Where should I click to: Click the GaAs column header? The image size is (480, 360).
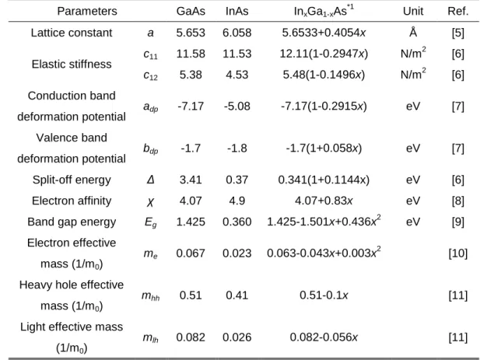[x=191, y=12]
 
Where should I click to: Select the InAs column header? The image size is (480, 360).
[x=237, y=12]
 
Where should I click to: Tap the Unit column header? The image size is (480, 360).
[x=413, y=12]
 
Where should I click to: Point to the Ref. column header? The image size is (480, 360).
[x=458, y=12]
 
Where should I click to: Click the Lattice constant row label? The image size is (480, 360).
[x=72, y=33]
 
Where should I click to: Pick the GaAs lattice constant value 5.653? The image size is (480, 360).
[x=191, y=33]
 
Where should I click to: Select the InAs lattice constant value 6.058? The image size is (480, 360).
[x=237, y=33]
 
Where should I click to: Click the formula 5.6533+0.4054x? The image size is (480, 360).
[x=324, y=33]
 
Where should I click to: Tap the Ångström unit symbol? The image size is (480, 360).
[x=413, y=32]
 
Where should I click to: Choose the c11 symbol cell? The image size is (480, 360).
[x=150, y=54]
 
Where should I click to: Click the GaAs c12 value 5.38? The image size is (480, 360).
[x=191, y=75]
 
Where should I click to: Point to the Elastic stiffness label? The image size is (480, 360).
[x=72, y=65]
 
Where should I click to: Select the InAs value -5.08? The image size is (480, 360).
[x=237, y=107]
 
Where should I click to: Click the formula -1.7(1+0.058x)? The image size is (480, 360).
[x=324, y=149]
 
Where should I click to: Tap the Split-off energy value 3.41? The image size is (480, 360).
[x=191, y=180]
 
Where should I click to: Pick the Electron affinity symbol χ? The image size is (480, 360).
[x=150, y=202]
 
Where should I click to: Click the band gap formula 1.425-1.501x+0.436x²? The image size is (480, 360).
[x=324, y=221]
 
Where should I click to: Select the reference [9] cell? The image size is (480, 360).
[x=458, y=222]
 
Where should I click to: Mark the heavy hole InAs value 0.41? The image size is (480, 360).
[x=237, y=295]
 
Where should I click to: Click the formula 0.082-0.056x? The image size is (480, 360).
[x=324, y=337]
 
